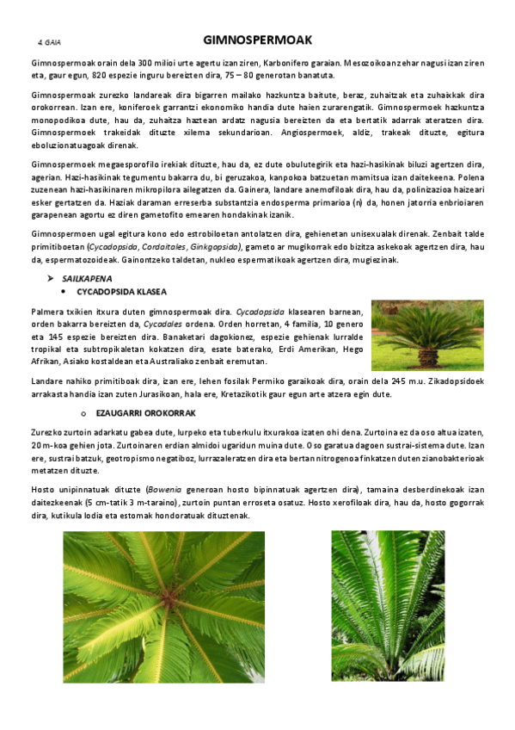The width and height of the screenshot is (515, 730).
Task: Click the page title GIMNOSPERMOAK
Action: (257, 40)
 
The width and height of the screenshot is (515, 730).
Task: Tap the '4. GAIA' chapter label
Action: (49, 41)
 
